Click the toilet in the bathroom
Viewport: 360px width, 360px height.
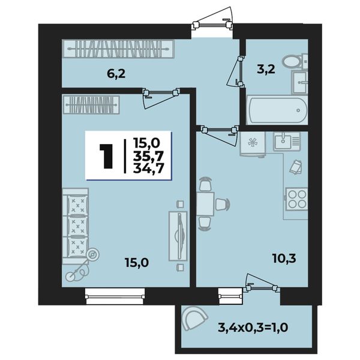coord(295,61)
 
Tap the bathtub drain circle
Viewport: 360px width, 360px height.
coord(298,110)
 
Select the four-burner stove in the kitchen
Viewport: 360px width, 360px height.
coord(296,199)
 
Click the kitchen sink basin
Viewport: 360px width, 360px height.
coord(283,141)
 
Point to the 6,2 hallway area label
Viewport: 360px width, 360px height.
coord(116,74)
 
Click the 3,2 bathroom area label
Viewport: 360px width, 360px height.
coord(266,70)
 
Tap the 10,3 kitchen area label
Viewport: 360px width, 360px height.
coord(284,259)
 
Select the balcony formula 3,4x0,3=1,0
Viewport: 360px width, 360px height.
coord(253,327)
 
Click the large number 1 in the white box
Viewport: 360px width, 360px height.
coord(106,157)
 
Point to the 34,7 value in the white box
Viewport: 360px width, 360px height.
coord(148,168)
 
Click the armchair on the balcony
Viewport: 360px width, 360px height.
coord(194,319)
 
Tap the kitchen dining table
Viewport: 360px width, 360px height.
coord(205,204)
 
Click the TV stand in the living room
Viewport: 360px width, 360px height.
coord(178,236)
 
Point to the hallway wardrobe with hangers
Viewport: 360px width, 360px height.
coord(118,49)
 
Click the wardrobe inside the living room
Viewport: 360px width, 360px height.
coord(91,105)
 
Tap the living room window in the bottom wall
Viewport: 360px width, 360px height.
coord(115,296)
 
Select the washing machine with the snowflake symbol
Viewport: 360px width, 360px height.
coord(253,144)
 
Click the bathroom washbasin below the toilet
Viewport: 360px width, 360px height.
coord(299,82)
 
